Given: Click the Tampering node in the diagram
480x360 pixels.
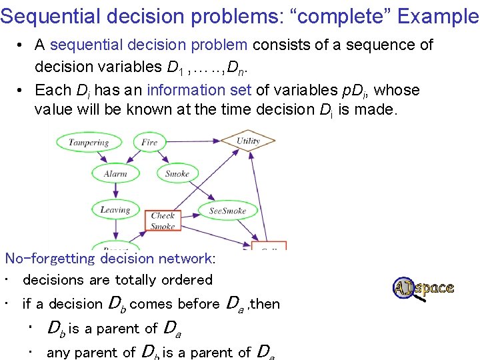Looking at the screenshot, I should click(89, 142).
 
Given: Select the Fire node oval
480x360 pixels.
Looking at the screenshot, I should click(149, 142).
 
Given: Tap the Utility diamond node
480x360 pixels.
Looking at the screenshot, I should click(248, 141).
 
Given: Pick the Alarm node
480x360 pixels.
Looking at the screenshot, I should click(115, 174).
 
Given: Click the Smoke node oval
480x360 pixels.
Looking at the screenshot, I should click(177, 174).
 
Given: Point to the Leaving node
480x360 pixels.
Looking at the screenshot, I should click(115, 210).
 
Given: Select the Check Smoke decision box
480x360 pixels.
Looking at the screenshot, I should click(163, 220).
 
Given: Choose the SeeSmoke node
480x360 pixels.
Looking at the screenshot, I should click(227, 211).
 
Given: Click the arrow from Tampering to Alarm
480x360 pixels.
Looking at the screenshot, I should click(101, 157).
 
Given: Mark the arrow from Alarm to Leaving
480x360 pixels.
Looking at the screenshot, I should click(115, 192).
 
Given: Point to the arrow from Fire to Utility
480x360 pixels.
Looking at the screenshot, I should click(197, 141).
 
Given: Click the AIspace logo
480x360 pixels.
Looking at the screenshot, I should click(423, 289).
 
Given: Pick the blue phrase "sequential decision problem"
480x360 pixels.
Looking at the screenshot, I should click(149, 45).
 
